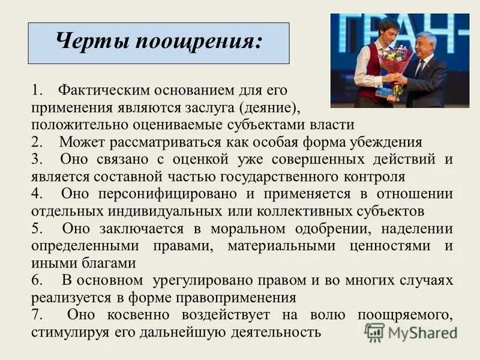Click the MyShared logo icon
coord(374,332)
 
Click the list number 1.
coord(37,91)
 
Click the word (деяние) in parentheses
coord(268,107)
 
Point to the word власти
coord(333,125)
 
